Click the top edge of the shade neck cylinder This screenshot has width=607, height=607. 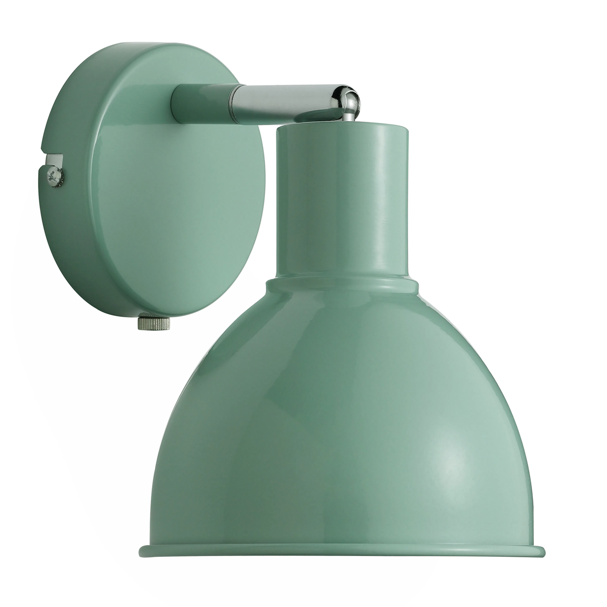click(342, 126)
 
